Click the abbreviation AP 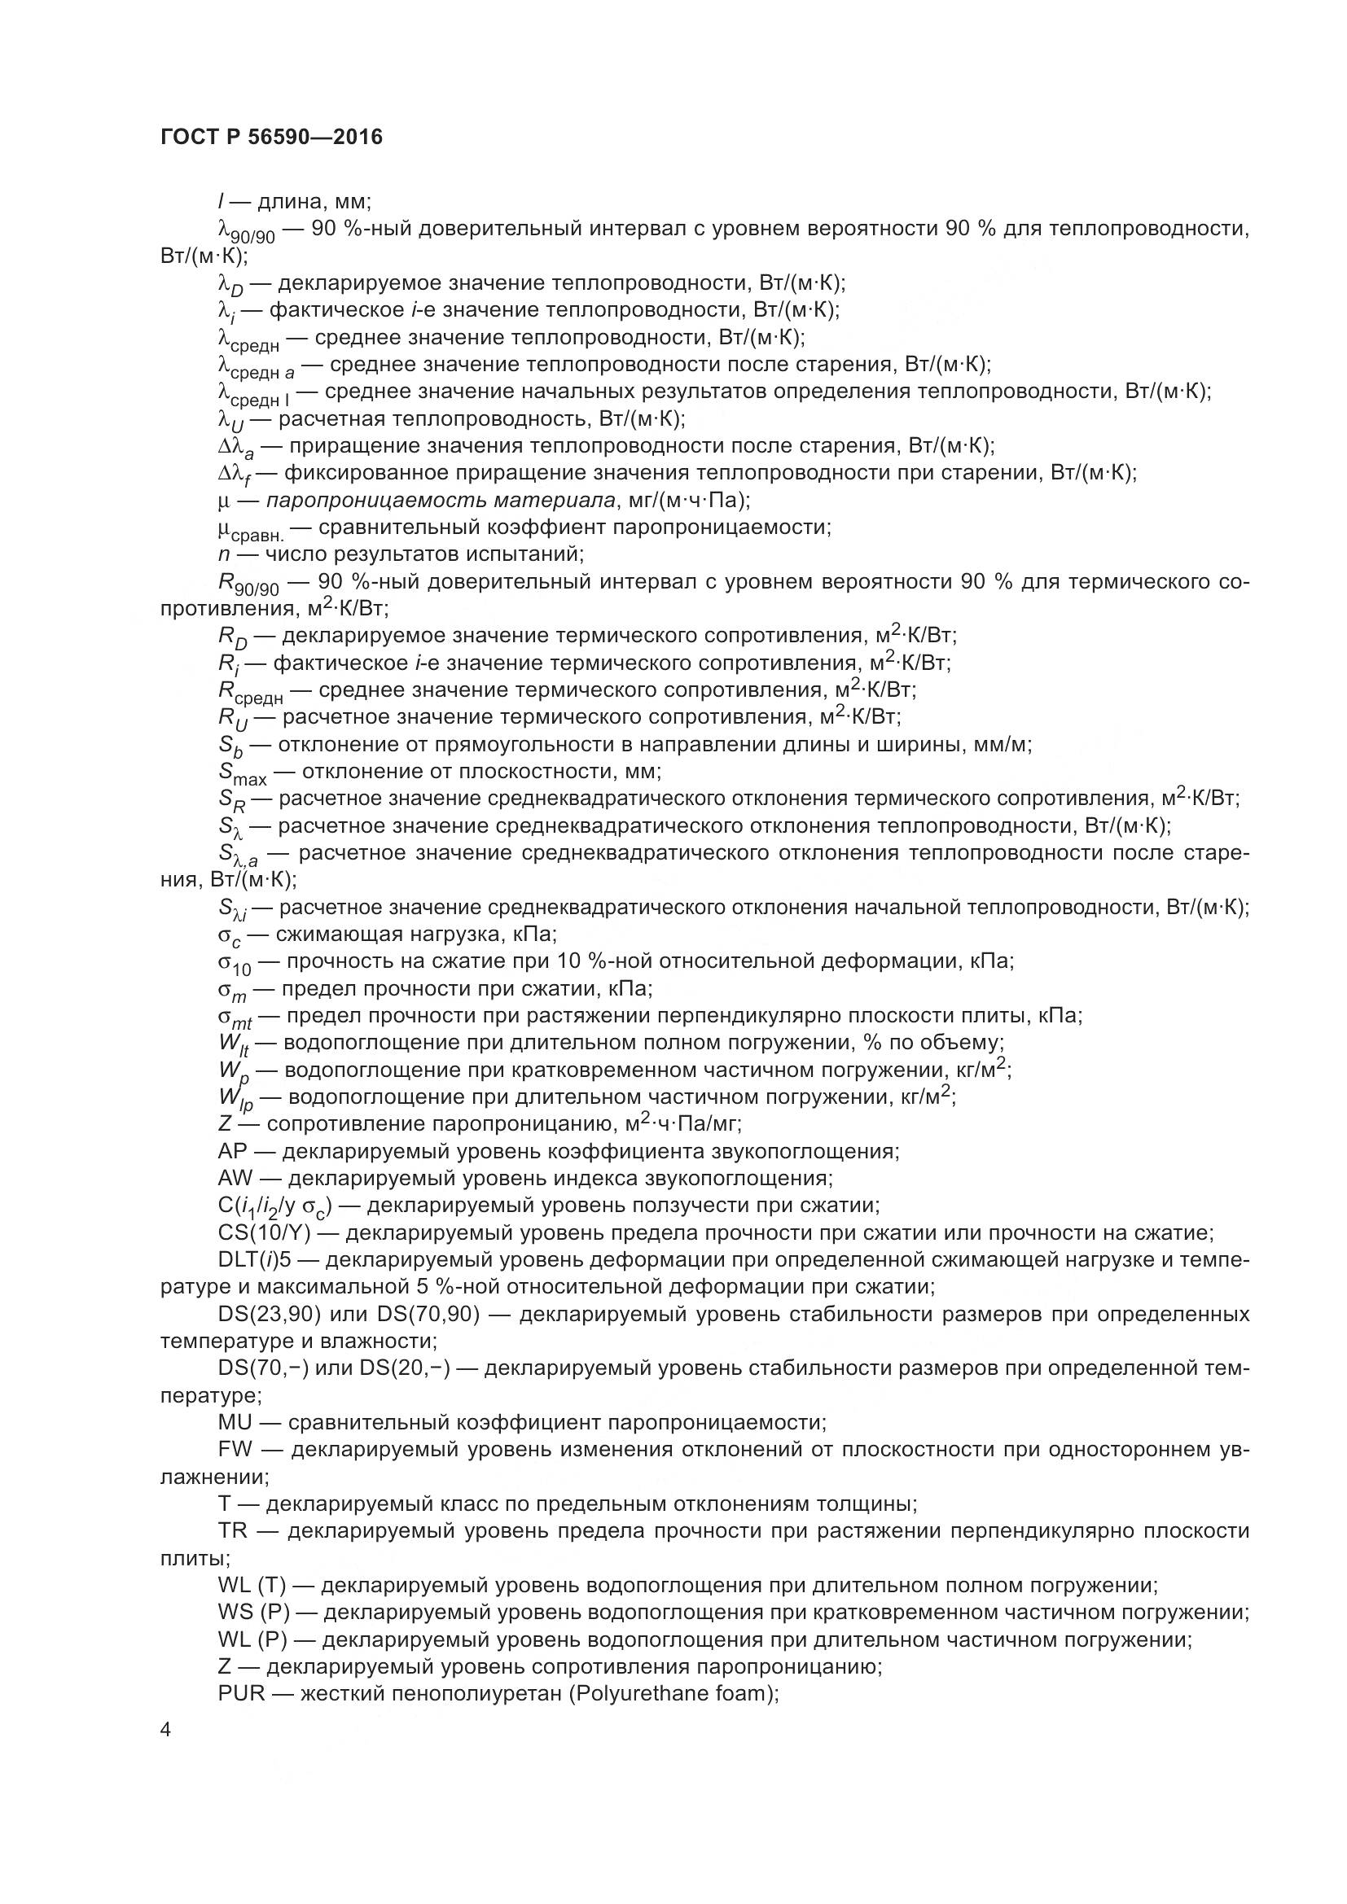pos(233,1152)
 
